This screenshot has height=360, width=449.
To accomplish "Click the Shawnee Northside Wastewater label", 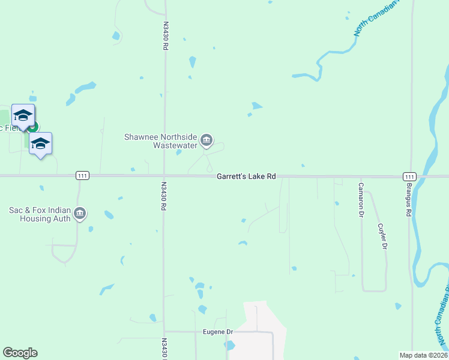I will tap(160, 141).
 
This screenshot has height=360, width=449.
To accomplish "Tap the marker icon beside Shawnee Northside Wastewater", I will tap(206, 141).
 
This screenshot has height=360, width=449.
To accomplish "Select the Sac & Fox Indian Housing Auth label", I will tap(40, 214).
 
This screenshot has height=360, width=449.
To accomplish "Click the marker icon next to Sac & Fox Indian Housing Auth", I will tap(80, 214).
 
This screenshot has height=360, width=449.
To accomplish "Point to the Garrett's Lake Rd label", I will tap(246, 176).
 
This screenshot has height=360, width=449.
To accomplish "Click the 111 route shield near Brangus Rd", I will tap(409, 176).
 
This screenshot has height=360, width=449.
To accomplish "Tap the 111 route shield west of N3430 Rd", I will tap(82, 176).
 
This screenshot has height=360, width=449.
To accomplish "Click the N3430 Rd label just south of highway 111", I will tap(163, 196).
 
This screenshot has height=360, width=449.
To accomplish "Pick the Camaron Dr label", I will tap(361, 200).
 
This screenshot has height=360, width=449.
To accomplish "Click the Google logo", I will tap(20, 353).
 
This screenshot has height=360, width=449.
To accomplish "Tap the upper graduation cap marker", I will tap(23, 115).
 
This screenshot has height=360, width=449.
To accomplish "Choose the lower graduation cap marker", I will tap(40, 143).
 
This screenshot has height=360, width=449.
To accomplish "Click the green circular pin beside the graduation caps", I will tap(33, 127).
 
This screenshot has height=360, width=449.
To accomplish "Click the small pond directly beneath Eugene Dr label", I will tap(229, 345).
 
